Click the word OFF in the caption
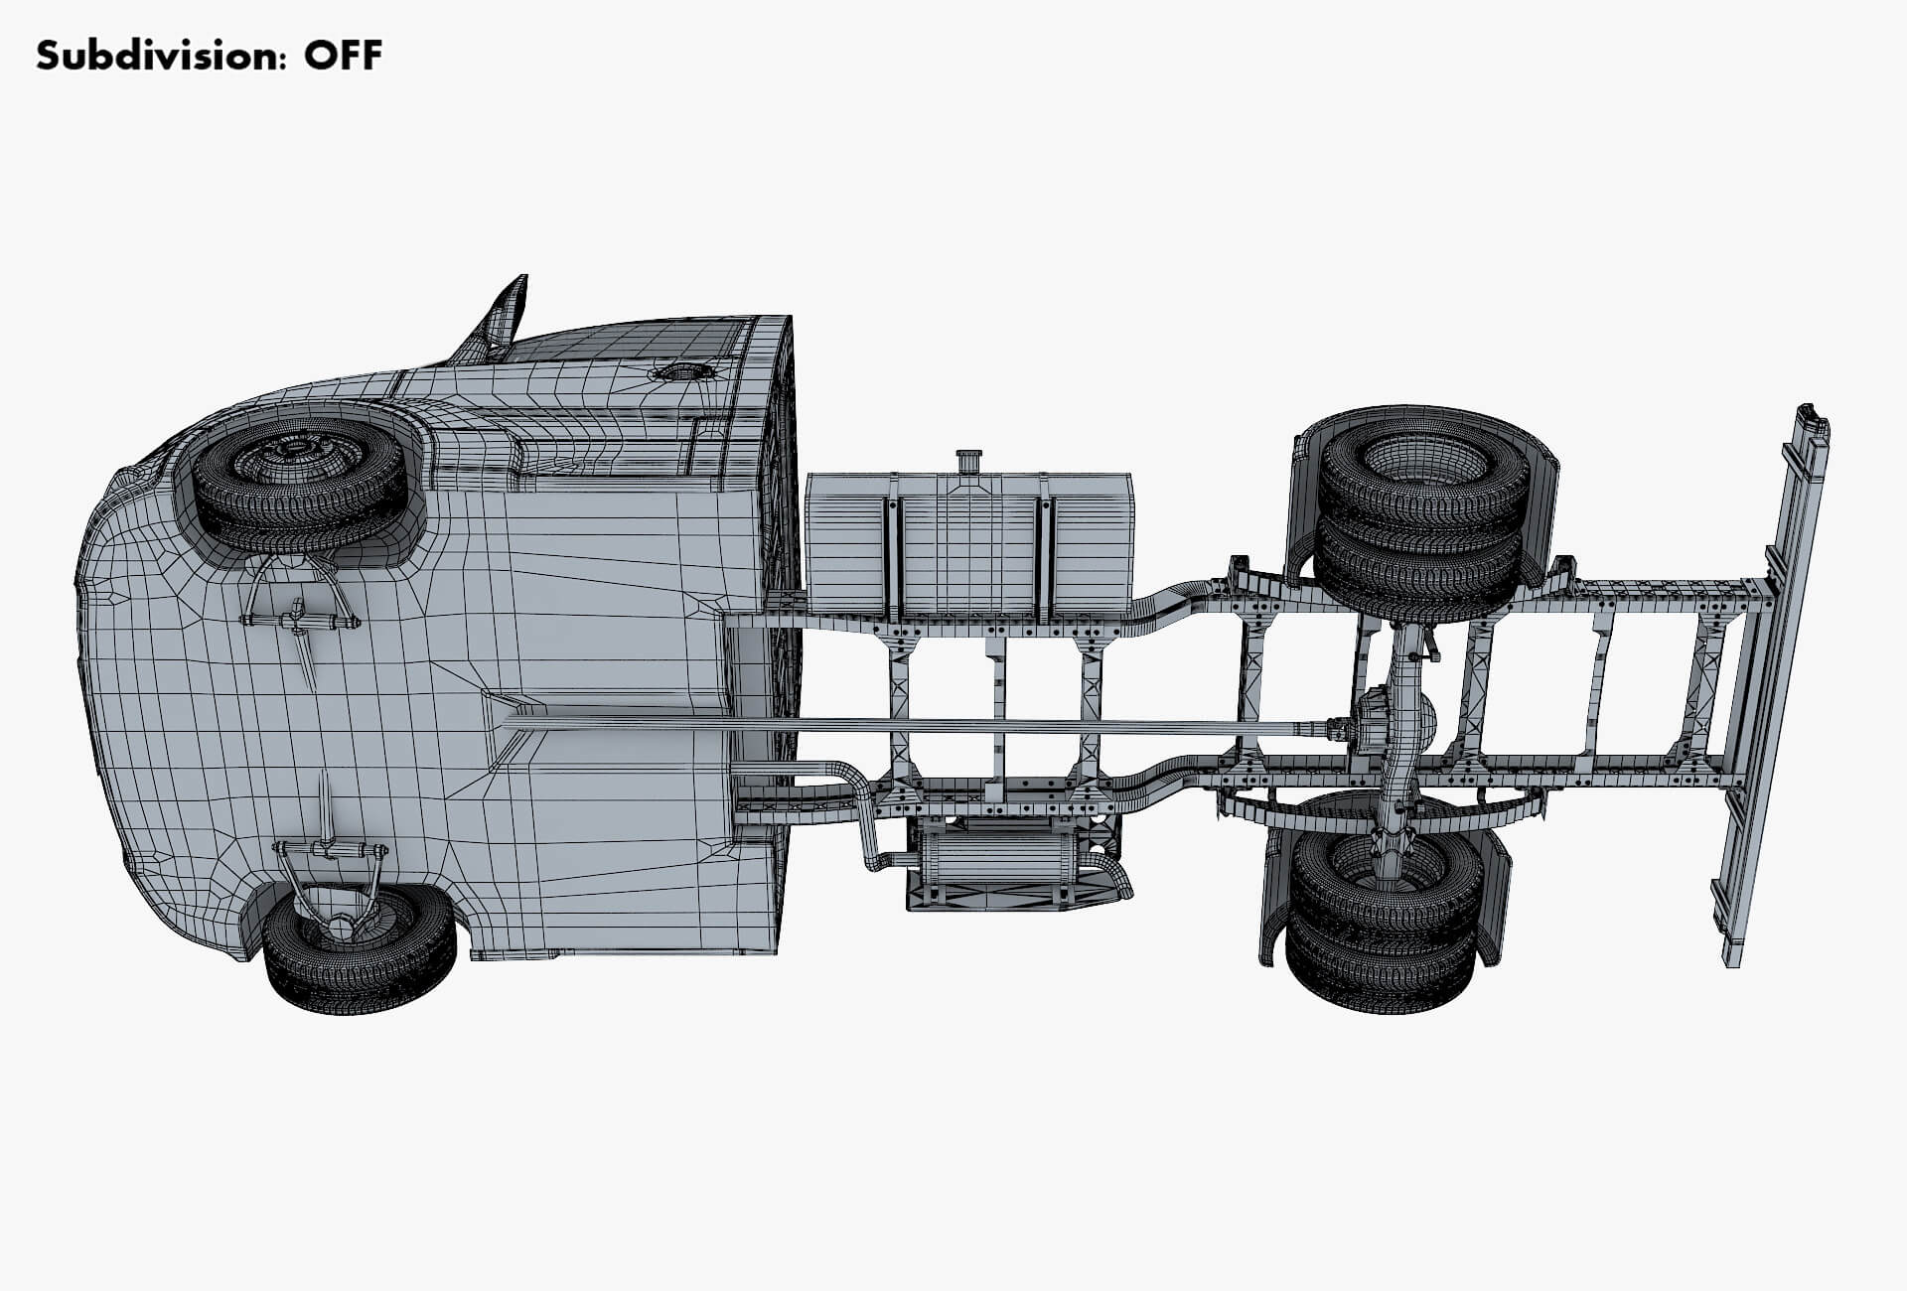click(343, 56)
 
